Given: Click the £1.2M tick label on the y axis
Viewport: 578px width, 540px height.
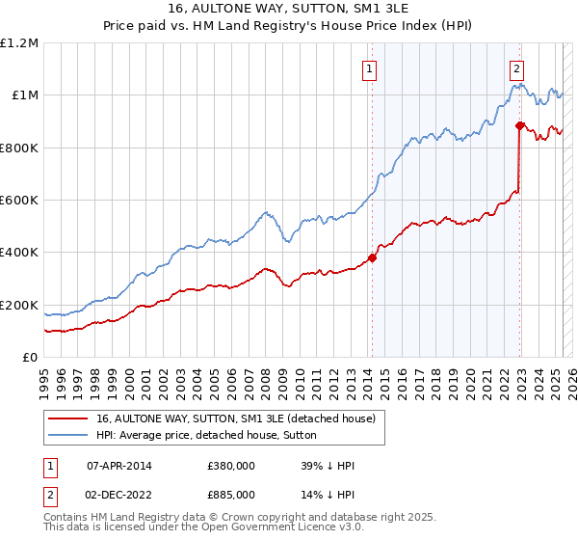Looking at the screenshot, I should (x=19, y=42).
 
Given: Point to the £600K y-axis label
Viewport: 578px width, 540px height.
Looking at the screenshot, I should (x=19, y=200).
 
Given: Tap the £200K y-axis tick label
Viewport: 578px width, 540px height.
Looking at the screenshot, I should (x=19, y=305).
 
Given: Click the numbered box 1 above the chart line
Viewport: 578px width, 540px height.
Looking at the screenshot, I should (x=370, y=68).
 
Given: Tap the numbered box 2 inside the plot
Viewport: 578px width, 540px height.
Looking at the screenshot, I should (x=517, y=68).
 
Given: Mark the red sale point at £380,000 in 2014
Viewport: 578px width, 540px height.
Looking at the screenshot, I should (x=372, y=257).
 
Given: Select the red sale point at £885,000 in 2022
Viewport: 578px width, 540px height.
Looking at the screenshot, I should (x=520, y=125).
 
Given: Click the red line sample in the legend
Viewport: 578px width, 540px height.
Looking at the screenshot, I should (x=69, y=418).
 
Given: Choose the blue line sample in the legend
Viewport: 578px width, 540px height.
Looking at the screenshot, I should (x=69, y=435).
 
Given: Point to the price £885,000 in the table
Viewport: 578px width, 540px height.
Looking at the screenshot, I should (x=231, y=494).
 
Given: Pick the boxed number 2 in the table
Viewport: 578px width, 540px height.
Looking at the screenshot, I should (x=52, y=494).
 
